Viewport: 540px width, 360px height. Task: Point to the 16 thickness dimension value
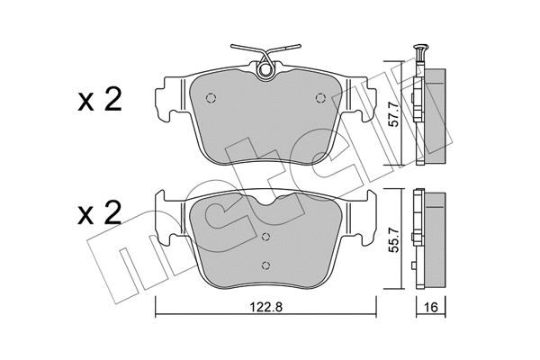tap(431, 307)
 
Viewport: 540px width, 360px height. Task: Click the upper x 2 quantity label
tap(100, 100)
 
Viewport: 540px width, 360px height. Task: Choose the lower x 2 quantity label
tap(100, 213)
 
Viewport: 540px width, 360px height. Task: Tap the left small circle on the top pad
tap(211, 98)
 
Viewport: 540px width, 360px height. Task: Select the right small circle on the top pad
tap(320, 98)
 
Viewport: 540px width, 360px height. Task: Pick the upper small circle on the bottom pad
tap(265, 237)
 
